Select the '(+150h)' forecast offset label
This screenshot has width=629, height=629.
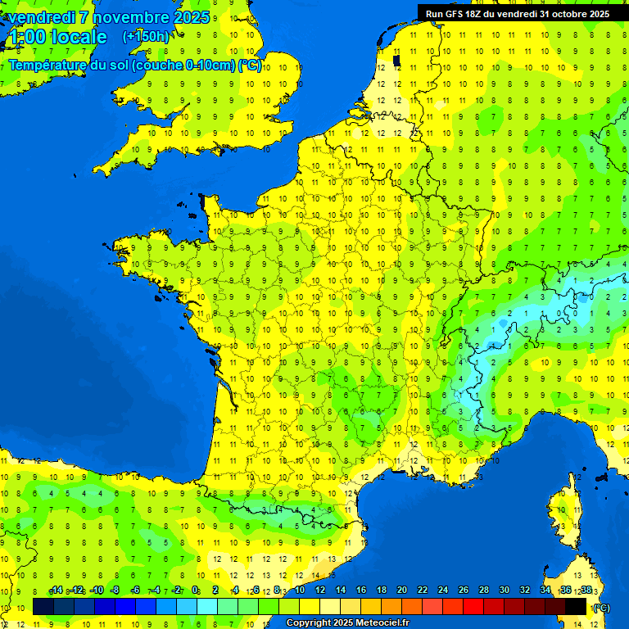[x=146, y=37]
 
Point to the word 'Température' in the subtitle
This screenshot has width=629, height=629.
[x=48, y=65]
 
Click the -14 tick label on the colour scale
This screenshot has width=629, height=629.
[x=56, y=591]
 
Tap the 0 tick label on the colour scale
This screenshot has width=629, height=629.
[x=196, y=591]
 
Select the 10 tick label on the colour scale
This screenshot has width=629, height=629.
[x=299, y=591]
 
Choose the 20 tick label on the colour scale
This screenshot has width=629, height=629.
[x=401, y=591]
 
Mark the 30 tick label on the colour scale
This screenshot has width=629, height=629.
[x=504, y=591]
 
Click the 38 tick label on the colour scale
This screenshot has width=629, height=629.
[x=586, y=591]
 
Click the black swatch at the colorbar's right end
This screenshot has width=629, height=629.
[x=576, y=607]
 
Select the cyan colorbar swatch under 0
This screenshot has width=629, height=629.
[x=207, y=607]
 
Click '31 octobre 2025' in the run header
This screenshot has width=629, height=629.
[x=575, y=13]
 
